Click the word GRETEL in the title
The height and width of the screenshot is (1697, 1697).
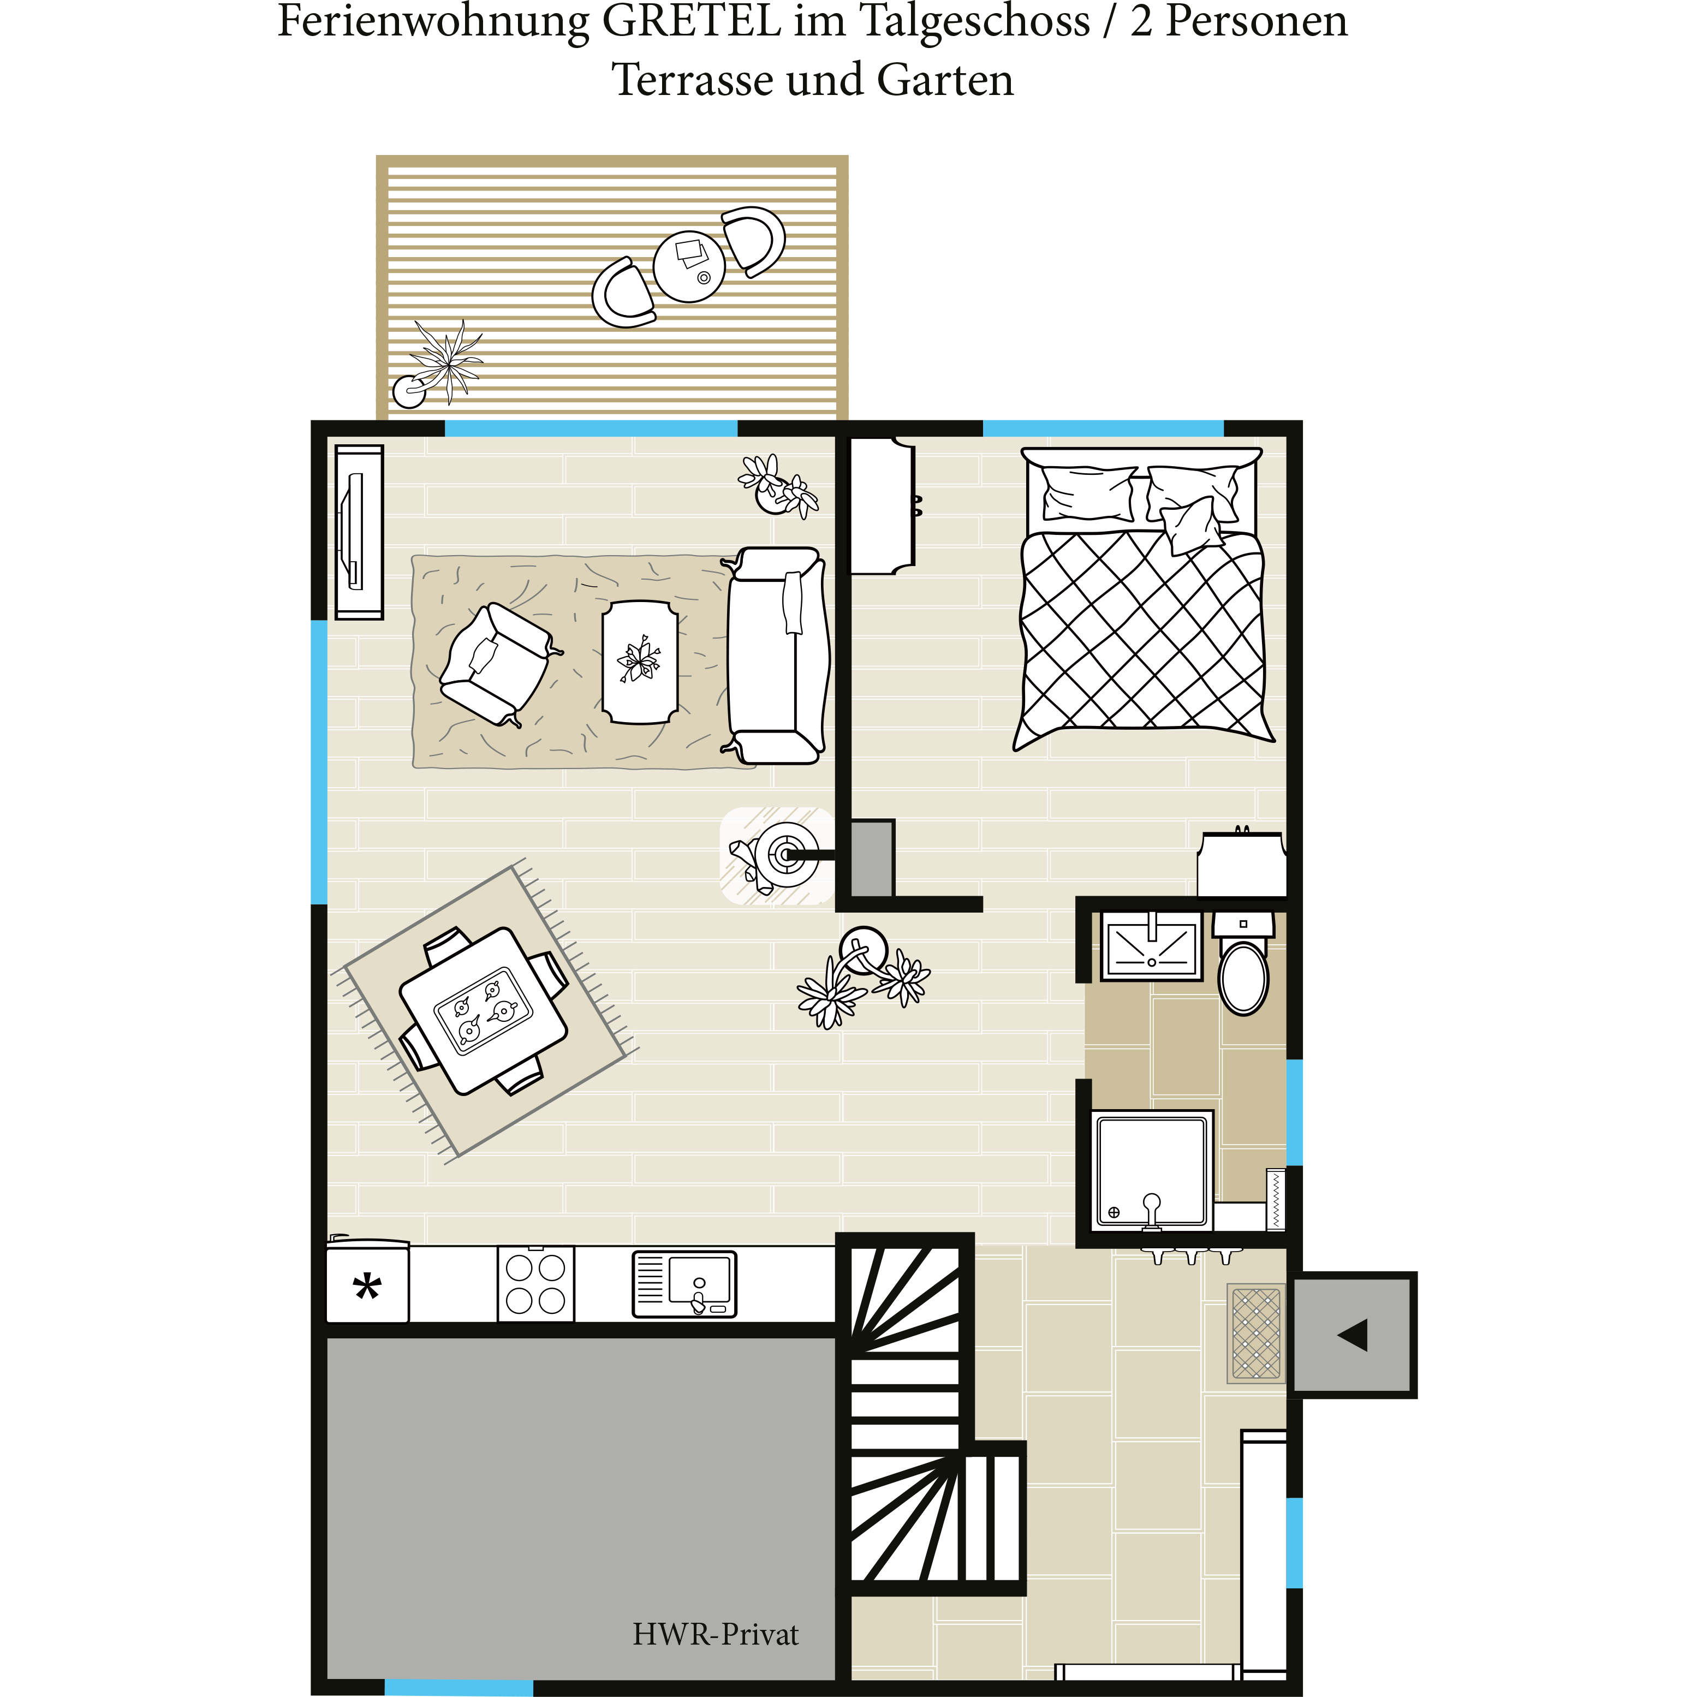693,21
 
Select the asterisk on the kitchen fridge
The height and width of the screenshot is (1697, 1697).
367,1289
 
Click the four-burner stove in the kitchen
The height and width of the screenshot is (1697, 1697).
536,1283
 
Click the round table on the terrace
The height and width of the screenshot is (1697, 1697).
689,266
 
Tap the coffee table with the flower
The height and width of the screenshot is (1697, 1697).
640,662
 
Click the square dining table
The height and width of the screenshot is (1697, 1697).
483,1011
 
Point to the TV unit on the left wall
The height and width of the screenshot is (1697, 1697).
359,532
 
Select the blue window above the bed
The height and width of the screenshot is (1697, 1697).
1103,428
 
